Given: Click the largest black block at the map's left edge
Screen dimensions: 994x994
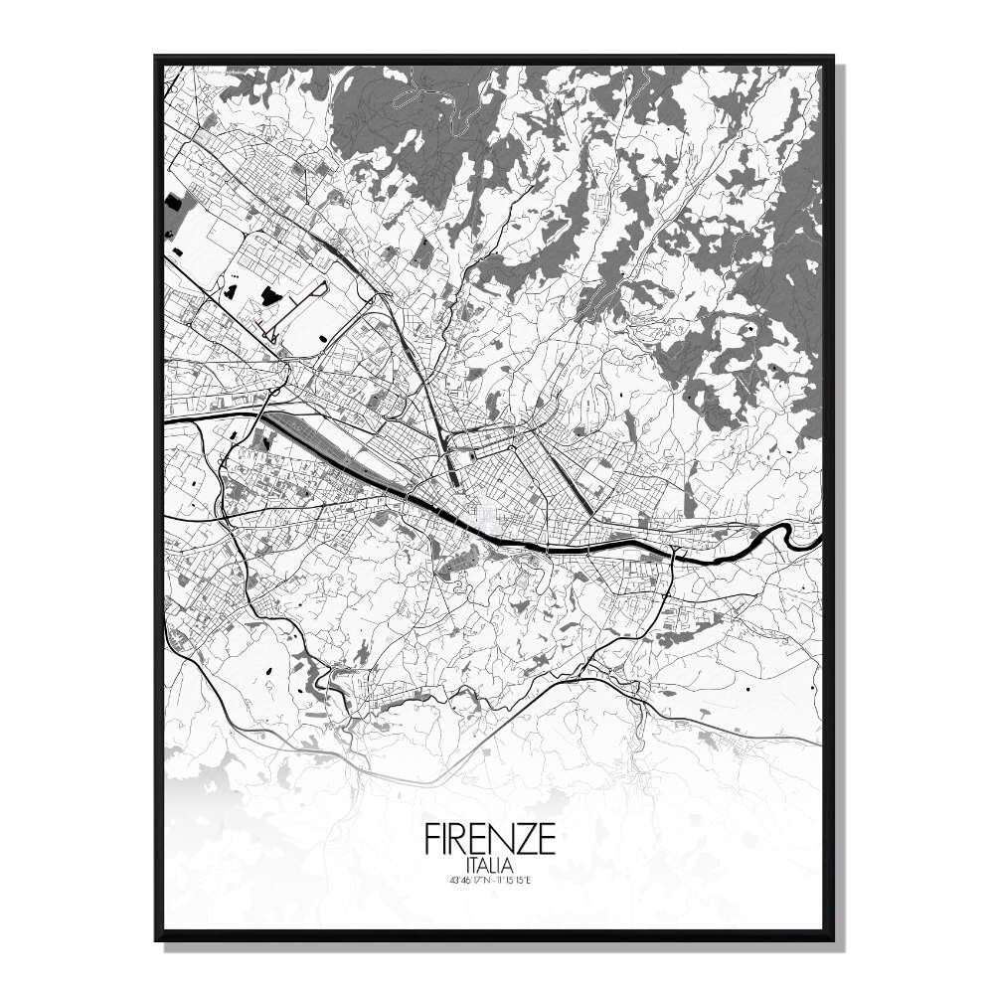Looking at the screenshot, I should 174,203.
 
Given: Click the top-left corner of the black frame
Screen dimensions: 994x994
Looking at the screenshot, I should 156,57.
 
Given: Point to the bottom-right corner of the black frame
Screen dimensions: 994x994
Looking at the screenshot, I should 831,939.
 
